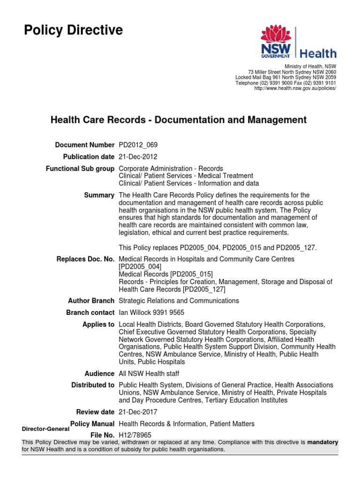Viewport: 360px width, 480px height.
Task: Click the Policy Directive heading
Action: click(73, 31)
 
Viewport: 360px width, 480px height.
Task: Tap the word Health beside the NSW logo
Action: click(318, 53)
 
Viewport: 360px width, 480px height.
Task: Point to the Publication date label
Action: click(89, 157)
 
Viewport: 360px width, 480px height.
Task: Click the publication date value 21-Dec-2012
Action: click(138, 157)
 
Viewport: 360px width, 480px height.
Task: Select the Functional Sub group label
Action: click(80, 168)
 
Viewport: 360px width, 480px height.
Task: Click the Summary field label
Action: click(99, 195)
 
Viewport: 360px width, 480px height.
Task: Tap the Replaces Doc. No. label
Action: click(85, 259)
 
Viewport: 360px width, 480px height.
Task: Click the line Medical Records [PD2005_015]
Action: click(166, 274)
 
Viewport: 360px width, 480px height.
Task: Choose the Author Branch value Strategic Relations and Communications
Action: click(179, 300)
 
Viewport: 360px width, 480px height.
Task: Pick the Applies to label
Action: click(98, 324)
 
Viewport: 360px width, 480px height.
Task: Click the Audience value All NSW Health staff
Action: click(149, 374)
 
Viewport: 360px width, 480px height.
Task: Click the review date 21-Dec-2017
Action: click(138, 412)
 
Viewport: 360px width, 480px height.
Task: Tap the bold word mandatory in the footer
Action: click(322, 442)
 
